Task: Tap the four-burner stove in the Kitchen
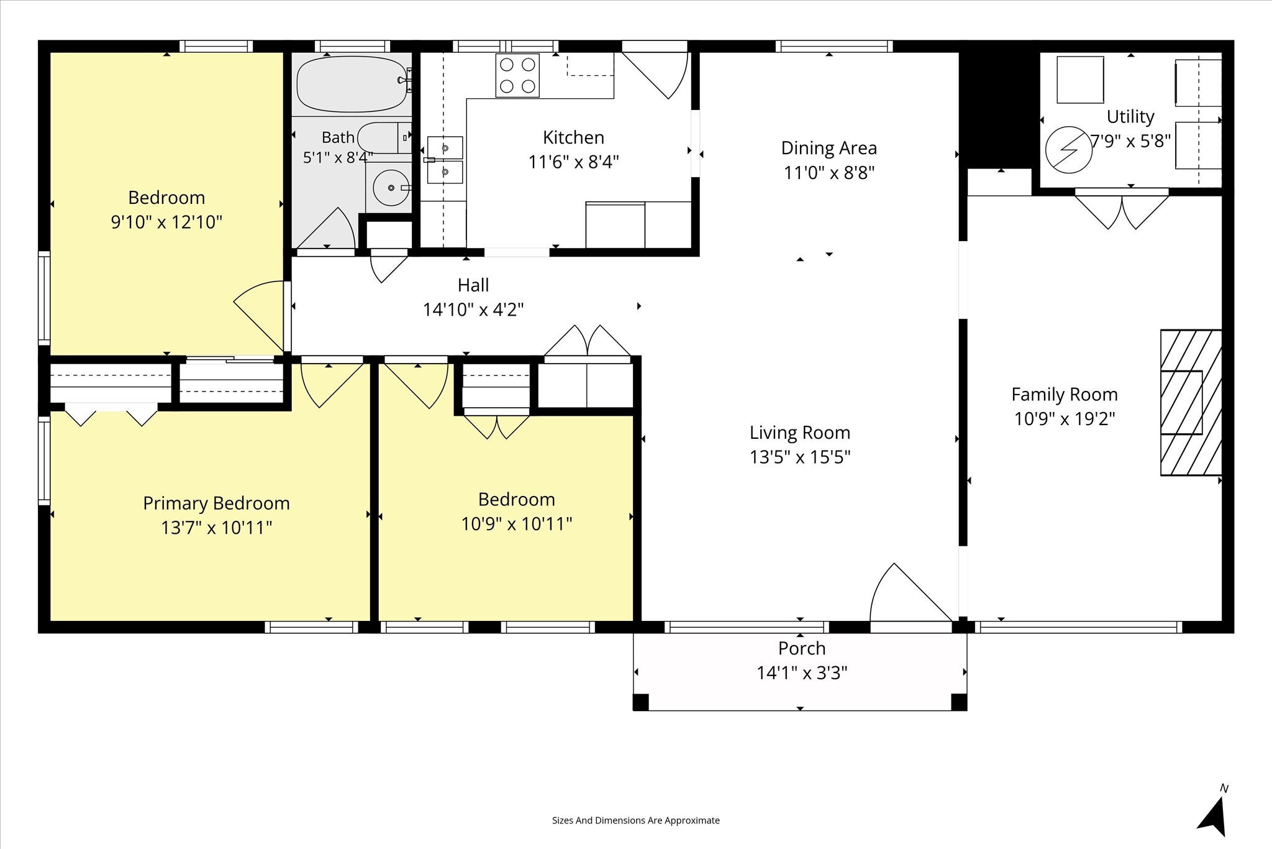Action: point(517,76)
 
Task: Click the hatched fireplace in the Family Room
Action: point(1191,403)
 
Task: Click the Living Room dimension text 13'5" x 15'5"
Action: point(800,457)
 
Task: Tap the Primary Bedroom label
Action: point(216,503)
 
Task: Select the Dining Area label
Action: point(829,148)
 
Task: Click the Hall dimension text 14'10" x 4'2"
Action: point(473,310)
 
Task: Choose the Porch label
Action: point(802,649)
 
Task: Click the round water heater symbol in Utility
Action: point(1069,150)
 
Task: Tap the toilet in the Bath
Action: point(384,137)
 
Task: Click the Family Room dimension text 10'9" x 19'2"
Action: point(1065,419)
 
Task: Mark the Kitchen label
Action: point(573,137)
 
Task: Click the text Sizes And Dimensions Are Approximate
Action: point(636,820)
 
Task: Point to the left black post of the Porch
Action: point(641,702)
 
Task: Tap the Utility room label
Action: point(1130,117)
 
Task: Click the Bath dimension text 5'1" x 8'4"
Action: point(338,158)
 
